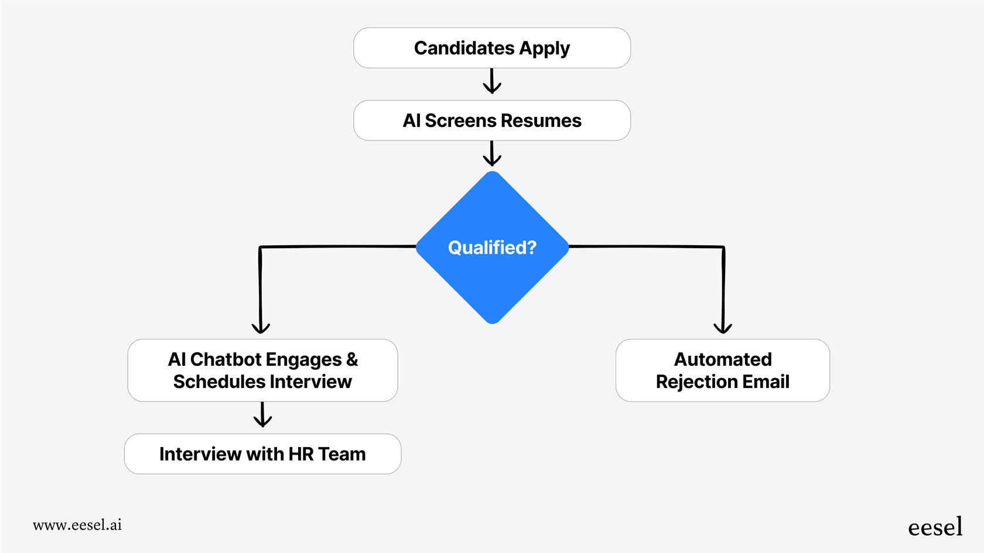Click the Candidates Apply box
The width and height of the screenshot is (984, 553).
point(491,48)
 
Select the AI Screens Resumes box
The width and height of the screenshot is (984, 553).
point(491,121)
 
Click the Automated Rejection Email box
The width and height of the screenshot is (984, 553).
point(722,370)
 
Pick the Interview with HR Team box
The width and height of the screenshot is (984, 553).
point(262,454)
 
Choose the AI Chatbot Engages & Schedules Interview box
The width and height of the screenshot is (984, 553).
point(262,370)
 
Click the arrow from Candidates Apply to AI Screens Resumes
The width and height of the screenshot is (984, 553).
point(492,82)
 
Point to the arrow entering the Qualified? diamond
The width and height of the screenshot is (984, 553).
point(492,154)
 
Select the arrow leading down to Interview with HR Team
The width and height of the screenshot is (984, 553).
point(262,415)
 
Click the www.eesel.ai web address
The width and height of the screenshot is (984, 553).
point(77,525)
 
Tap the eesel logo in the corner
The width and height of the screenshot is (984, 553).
point(935,527)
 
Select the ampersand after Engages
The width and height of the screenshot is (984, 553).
point(352,359)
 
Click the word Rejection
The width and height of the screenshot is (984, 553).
point(697,382)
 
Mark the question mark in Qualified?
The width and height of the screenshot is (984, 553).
point(531,248)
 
